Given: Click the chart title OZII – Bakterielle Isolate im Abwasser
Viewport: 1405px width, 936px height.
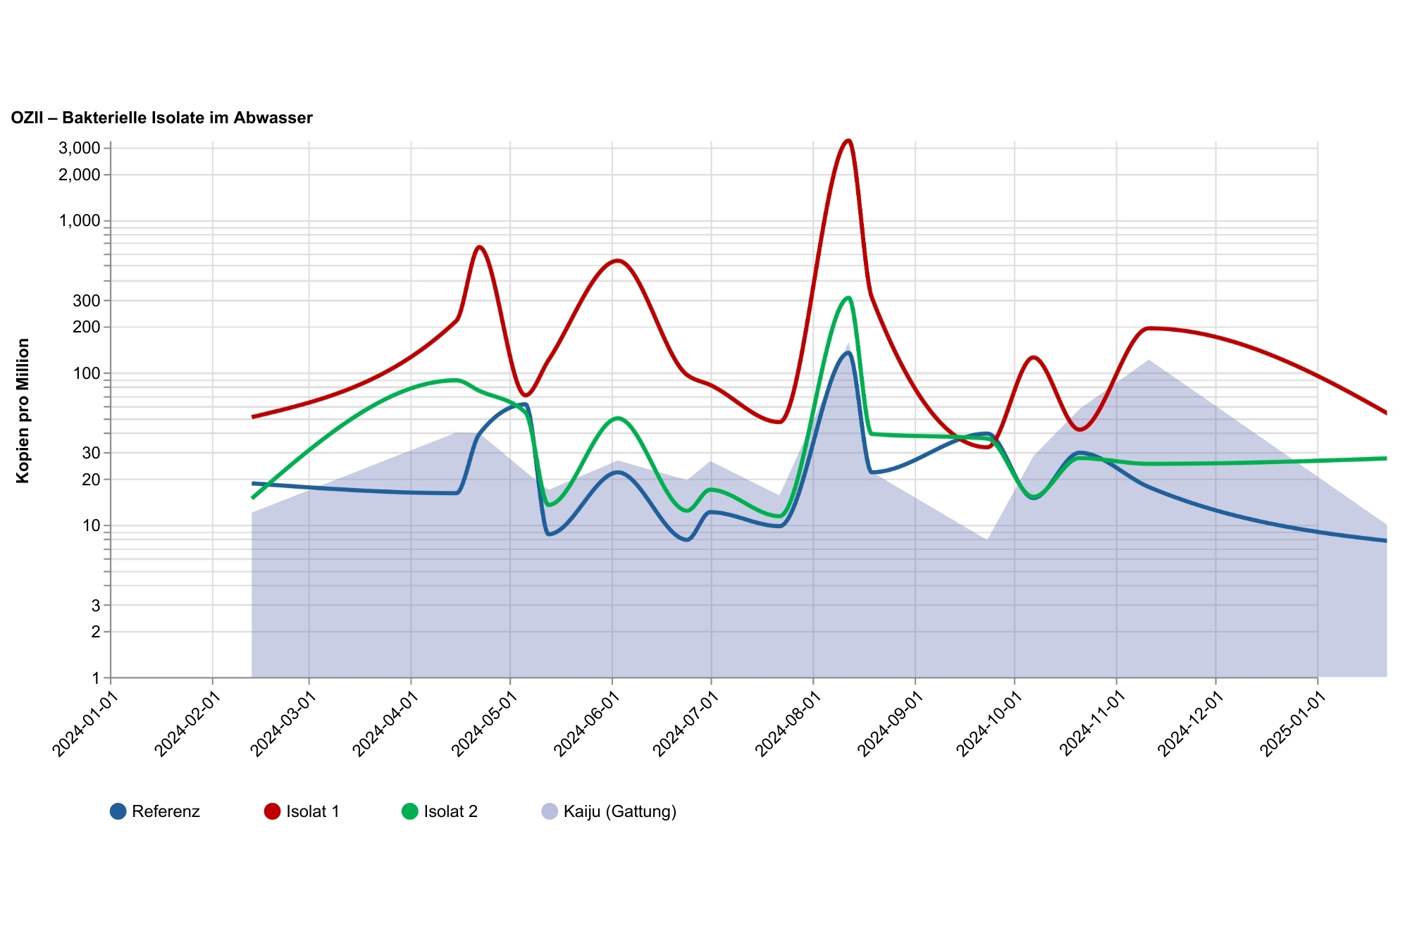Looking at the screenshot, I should pyautogui.click(x=161, y=118).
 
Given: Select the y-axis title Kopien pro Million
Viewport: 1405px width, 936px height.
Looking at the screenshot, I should pyautogui.click(x=23, y=411).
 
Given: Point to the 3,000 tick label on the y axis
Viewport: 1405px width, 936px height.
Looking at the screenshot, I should pyautogui.click(x=80, y=148).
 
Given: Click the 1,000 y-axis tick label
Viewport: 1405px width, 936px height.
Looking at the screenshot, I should pyautogui.click(x=80, y=220).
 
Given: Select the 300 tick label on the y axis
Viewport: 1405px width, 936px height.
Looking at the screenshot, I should pyautogui.click(x=87, y=301).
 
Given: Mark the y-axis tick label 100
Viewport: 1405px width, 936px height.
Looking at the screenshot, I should pyautogui.click(x=87, y=373).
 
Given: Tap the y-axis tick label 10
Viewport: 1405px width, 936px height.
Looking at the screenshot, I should pyautogui.click(x=92, y=526).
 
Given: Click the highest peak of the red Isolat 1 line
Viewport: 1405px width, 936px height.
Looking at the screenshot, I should pyautogui.click(x=848, y=141).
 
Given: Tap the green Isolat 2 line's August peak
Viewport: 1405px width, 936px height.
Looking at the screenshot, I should pyautogui.click(x=848, y=298).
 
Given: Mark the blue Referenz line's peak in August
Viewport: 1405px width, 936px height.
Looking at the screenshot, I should pyautogui.click(x=848, y=353).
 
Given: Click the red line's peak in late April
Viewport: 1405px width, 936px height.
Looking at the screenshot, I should pyautogui.click(x=479, y=247).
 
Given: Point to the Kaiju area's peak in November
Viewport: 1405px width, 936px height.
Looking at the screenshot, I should pyautogui.click(x=1149, y=360).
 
